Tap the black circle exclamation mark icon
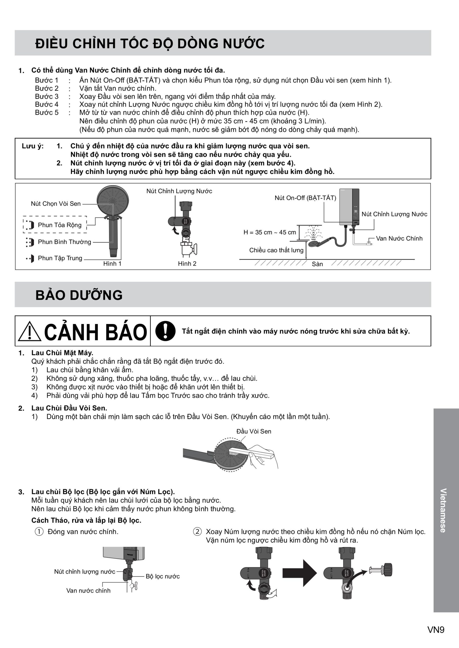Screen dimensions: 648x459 click(165, 331)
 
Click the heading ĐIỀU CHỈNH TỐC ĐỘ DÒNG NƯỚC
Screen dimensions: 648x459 click(150, 44)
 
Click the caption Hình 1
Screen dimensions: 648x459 click(112, 264)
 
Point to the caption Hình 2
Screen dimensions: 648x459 click(187, 264)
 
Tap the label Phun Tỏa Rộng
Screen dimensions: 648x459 click(60, 225)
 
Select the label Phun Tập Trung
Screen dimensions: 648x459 click(60, 258)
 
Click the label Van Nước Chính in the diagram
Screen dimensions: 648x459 click(399, 238)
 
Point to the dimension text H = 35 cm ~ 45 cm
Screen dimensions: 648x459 click(270, 232)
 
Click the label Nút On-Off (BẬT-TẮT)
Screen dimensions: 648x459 click(305, 198)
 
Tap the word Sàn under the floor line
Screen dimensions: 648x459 click(317, 264)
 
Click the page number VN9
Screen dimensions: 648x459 click(436, 630)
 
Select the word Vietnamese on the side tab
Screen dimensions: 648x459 click(443, 510)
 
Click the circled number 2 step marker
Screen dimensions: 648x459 click(197, 532)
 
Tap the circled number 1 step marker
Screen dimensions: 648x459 click(39, 532)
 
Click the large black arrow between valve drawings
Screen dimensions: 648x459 click(299, 573)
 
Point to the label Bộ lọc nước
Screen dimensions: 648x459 click(163, 576)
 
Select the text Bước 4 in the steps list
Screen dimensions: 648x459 click(47, 104)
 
